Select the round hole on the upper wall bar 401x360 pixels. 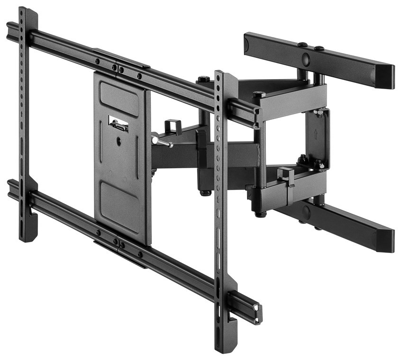pyautogui.click(x=305, y=60)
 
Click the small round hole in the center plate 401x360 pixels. pyautogui.click(x=118, y=141)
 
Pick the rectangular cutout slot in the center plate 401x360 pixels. pyautogui.click(x=118, y=125)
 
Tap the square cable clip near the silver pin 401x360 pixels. pyautogui.click(x=172, y=127)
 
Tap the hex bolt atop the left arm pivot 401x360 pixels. pyautogui.click(x=204, y=79)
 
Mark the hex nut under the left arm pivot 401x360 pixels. pyautogui.click(x=205, y=193)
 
